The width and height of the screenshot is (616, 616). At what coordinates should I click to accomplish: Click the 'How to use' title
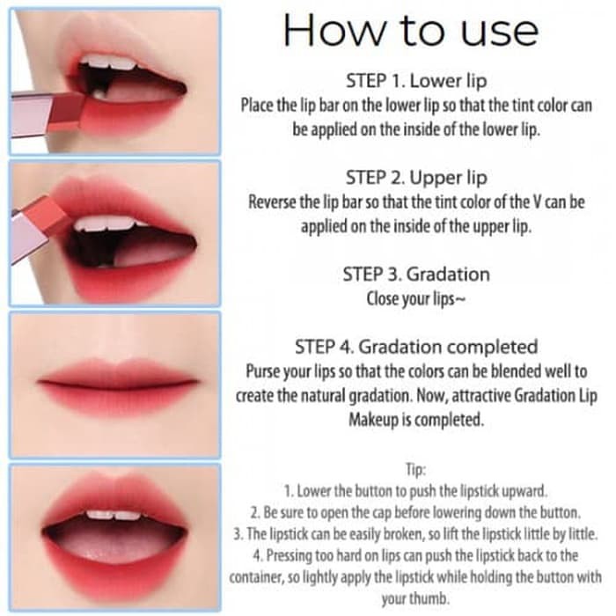[x=411, y=30]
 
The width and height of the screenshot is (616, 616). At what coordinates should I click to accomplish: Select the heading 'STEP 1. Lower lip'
[x=416, y=81]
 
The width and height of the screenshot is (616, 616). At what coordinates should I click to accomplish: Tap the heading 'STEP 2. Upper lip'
[x=416, y=178]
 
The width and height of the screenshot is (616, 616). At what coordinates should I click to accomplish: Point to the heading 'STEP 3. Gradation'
[x=416, y=275]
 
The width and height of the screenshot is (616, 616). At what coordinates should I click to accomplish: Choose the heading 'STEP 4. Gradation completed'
[x=416, y=347]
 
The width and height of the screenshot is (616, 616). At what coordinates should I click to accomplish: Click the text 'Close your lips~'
[x=416, y=299]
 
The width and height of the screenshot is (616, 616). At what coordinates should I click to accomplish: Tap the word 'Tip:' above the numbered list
[x=415, y=469]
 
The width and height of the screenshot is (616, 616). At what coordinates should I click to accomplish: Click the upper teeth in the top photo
[x=109, y=63]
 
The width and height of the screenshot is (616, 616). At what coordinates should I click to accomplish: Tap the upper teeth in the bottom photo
[x=114, y=515]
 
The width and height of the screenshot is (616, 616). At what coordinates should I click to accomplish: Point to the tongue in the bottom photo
[x=114, y=544]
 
